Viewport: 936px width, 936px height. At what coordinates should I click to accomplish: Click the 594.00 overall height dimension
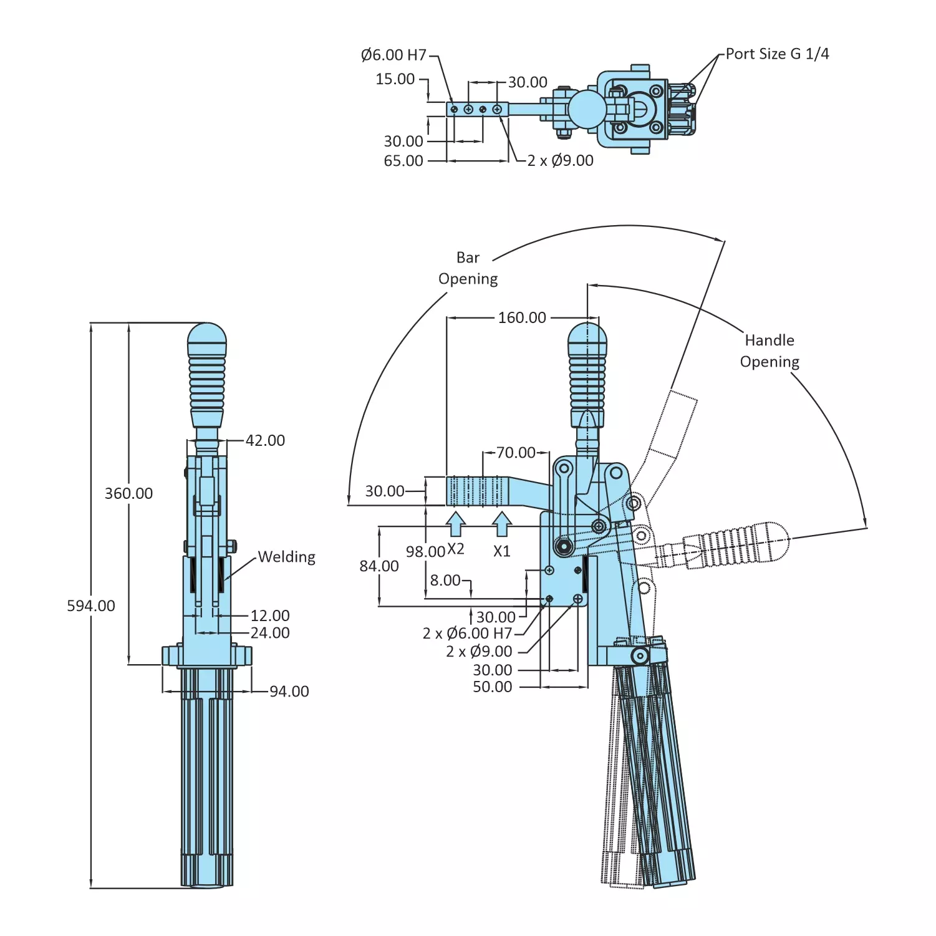(x=91, y=606)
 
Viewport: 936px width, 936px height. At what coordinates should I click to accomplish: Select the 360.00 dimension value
(x=128, y=493)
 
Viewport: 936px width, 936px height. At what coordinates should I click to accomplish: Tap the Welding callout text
(x=286, y=557)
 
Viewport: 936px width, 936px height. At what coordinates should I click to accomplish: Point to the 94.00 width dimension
(x=289, y=691)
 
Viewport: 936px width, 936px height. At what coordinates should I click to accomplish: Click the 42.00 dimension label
(x=265, y=440)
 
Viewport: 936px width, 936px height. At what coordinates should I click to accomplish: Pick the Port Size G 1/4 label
(x=777, y=54)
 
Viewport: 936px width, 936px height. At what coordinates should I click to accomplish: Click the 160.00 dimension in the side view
(x=522, y=317)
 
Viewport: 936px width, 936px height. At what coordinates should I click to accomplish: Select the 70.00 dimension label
(x=516, y=452)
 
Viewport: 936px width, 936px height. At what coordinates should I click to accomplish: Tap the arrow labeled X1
(x=502, y=524)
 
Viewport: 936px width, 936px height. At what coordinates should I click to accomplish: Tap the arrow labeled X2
(x=456, y=524)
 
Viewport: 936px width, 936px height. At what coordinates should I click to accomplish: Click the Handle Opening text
(x=770, y=351)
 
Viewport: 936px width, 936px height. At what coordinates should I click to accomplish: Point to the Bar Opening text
(x=468, y=268)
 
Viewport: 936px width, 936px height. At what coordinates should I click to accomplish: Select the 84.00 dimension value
(x=379, y=566)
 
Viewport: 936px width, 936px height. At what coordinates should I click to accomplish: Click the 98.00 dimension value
(x=425, y=552)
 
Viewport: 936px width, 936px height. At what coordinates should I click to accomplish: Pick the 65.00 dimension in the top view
(x=403, y=161)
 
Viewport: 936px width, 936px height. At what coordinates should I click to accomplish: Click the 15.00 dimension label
(x=395, y=79)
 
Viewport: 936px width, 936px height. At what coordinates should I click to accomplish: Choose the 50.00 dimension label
(x=492, y=687)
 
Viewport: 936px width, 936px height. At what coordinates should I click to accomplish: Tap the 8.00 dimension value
(x=445, y=581)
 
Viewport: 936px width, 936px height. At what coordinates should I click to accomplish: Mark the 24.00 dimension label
(x=270, y=633)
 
